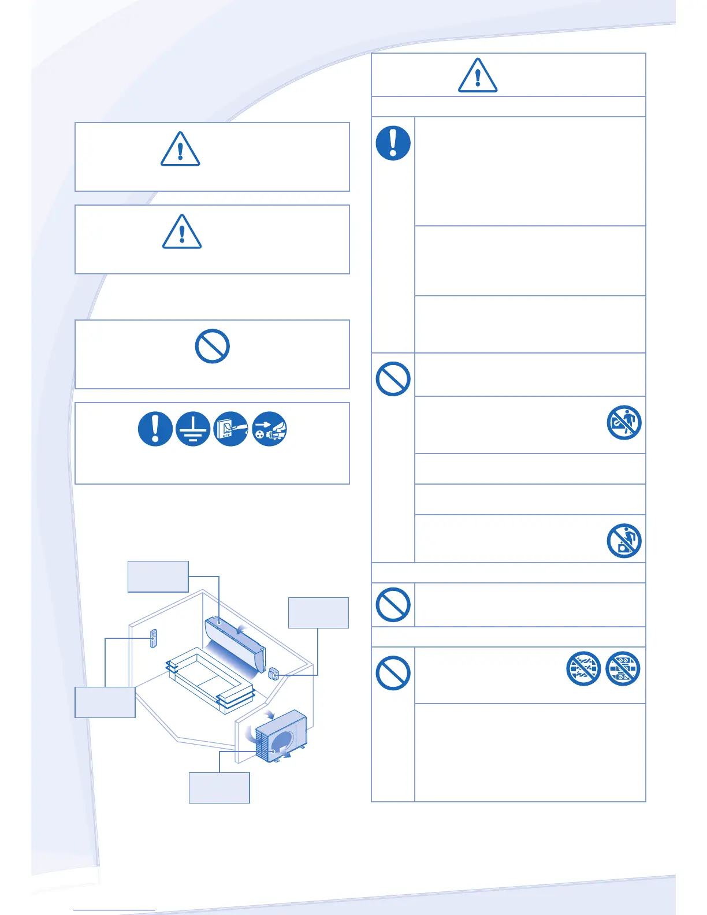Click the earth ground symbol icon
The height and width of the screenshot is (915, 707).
(193, 429)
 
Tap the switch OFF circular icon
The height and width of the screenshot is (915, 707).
(231, 429)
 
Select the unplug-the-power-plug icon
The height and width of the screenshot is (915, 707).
(269, 429)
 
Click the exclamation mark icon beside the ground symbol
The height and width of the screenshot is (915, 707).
(155, 429)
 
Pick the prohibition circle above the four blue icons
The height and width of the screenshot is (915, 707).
(213, 346)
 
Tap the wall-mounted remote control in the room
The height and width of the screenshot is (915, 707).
(153, 638)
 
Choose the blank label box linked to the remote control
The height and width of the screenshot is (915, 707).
(105, 702)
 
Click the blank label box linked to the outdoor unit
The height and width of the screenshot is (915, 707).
(219, 787)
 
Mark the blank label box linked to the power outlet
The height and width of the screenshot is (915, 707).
(318, 612)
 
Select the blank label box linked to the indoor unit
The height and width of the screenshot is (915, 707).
(158, 576)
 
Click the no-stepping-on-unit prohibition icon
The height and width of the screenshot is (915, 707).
(624, 541)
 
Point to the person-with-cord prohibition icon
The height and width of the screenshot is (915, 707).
(624, 422)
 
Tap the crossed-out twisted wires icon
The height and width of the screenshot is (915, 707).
(583, 669)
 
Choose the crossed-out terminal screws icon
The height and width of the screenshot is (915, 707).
(623, 669)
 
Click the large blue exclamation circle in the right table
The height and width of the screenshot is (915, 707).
(393, 143)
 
